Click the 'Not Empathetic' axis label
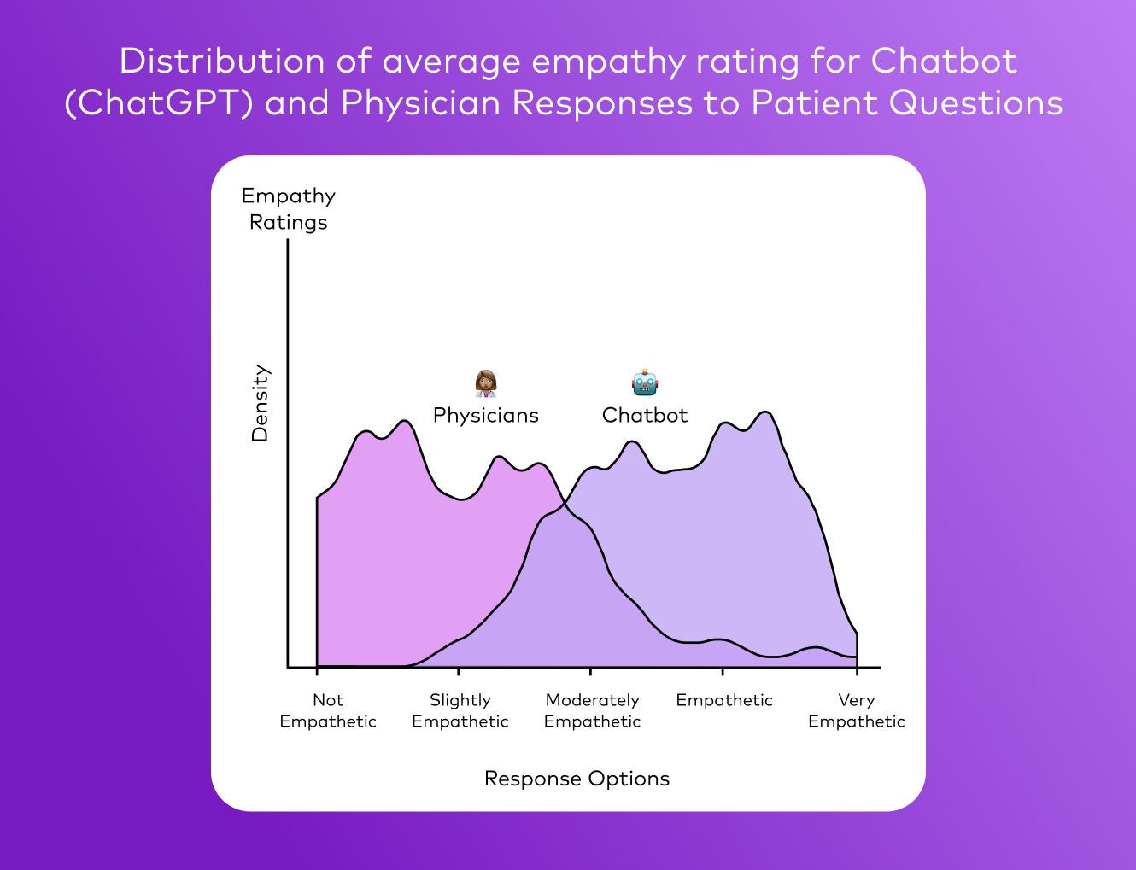point(328,710)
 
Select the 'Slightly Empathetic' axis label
point(460,710)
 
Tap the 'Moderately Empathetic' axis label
point(592,710)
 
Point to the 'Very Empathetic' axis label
point(856,710)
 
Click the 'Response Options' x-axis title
point(577,779)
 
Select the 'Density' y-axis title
point(260,404)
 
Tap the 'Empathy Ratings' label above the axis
point(289,208)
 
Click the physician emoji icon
point(486,383)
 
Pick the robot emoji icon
point(645,383)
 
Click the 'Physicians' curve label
point(485,415)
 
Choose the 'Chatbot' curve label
point(645,415)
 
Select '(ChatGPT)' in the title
point(159,103)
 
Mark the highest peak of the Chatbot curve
point(765,412)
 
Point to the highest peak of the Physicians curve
point(404,421)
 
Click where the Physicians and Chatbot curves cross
point(564,506)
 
